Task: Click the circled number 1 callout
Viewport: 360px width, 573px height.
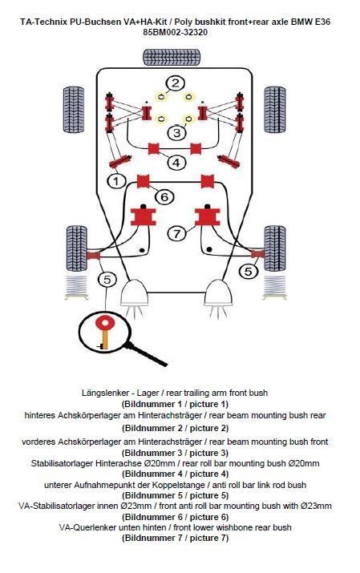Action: pyautogui.click(x=116, y=181)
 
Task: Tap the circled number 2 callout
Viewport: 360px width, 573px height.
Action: pyautogui.click(x=175, y=83)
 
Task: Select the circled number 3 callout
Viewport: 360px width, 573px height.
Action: pyautogui.click(x=177, y=133)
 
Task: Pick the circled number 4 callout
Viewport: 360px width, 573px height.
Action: pyautogui.click(x=176, y=162)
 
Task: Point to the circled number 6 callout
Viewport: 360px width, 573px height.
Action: pyautogui.click(x=164, y=197)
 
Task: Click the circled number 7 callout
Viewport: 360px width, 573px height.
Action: pyautogui.click(x=177, y=233)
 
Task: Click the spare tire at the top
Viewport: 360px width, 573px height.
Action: pyautogui.click(x=172, y=57)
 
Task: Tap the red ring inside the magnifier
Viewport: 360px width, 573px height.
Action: pyautogui.click(x=105, y=323)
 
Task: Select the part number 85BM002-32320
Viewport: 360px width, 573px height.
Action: pyautogui.click(x=175, y=33)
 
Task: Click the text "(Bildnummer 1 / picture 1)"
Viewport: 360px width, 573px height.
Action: pyautogui.click(x=175, y=404)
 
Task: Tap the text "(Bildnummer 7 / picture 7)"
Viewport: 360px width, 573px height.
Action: pyautogui.click(x=175, y=538)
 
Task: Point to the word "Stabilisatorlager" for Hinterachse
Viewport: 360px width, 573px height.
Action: pyautogui.click(x=62, y=463)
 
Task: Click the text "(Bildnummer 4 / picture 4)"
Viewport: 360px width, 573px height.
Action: pyautogui.click(x=175, y=474)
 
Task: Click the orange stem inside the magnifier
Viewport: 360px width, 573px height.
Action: pyautogui.click(x=105, y=340)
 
